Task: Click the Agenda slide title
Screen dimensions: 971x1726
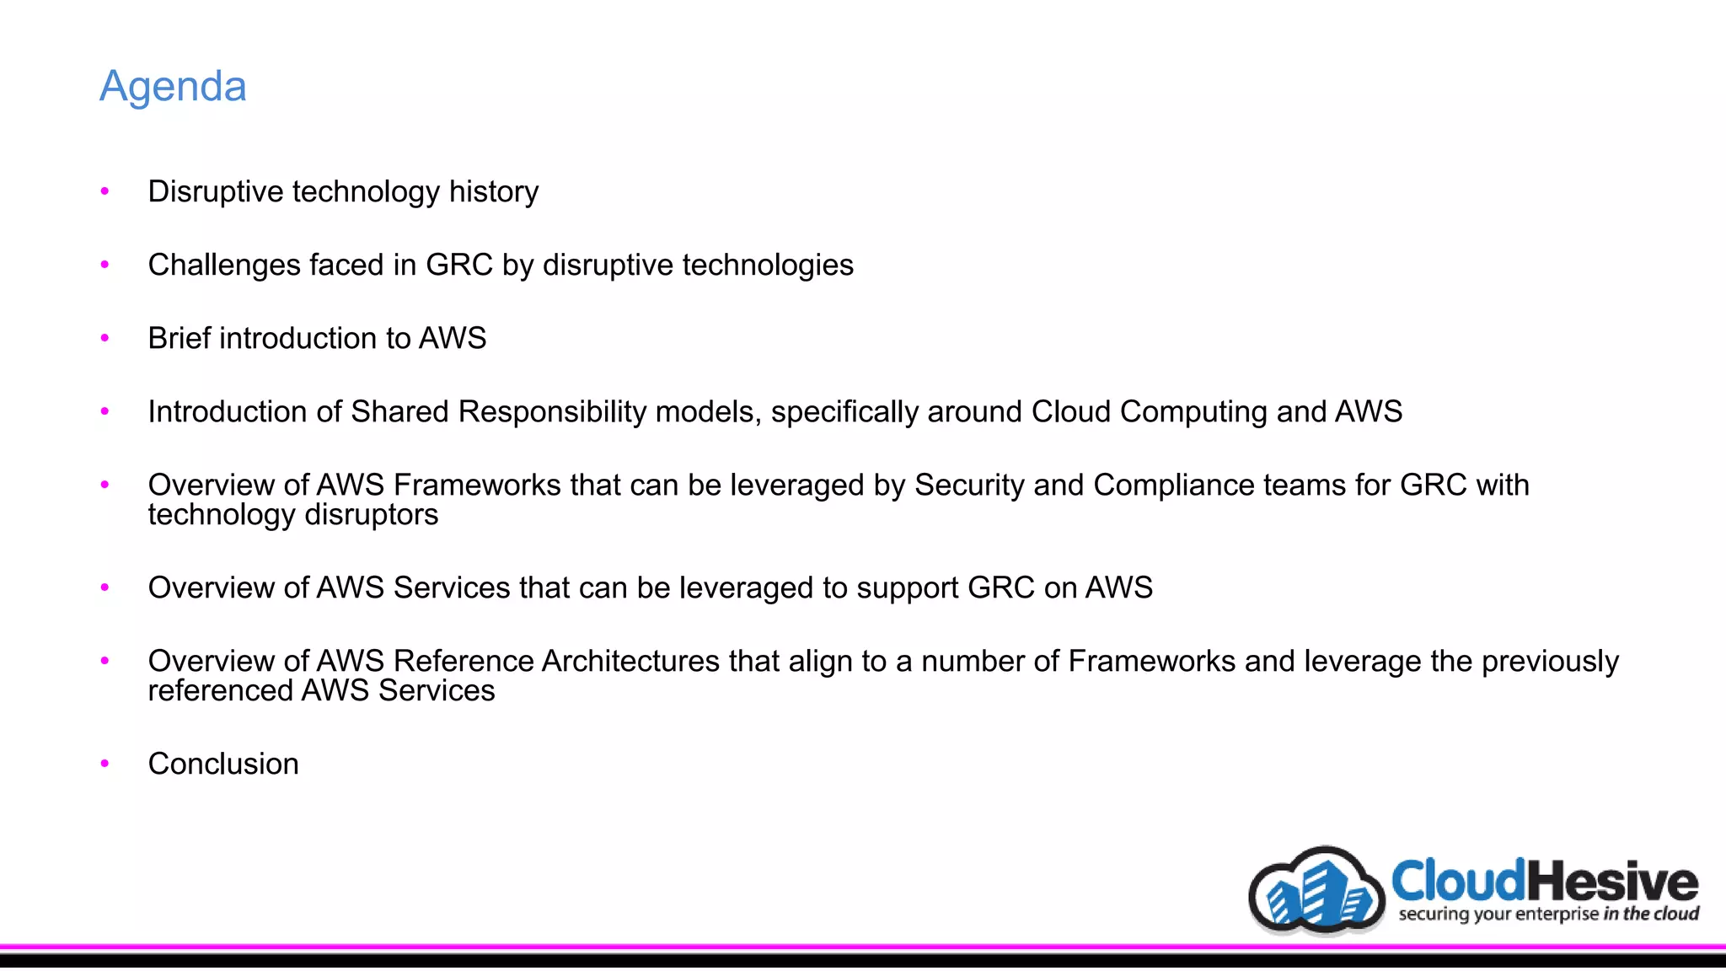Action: point(173,86)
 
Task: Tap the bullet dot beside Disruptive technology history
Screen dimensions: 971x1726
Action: point(105,191)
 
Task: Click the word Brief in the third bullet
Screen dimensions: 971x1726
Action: point(179,338)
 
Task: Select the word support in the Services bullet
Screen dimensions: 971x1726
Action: point(908,588)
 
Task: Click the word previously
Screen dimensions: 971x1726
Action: point(1550,662)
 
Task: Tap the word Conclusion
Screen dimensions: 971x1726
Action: point(223,764)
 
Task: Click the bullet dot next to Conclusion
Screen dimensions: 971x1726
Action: point(105,764)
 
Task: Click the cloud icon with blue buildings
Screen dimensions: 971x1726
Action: point(1316,892)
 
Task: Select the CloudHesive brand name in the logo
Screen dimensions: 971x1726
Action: point(1544,882)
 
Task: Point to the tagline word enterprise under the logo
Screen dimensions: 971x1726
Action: point(1557,915)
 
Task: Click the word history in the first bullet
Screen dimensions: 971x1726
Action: point(494,192)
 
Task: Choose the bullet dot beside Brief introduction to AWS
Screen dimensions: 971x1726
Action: point(105,338)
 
